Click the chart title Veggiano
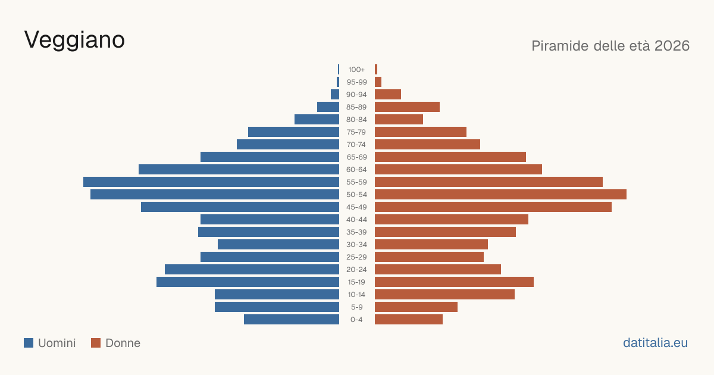pos(74,40)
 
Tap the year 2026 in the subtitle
pos(672,46)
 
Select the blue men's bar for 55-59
pos(211,182)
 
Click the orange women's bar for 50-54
pos(500,194)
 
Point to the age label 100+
pos(356,70)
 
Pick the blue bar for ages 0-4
pos(292,319)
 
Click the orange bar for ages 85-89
pos(407,107)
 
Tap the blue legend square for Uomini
pos(29,343)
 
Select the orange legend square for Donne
pos(96,343)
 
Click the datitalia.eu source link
pos(655,343)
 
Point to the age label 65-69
pos(356,157)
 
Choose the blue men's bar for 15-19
pos(248,282)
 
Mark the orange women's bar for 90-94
pos(388,95)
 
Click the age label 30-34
pos(356,245)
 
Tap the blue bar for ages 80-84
pos(317,119)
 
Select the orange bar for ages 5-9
pos(416,307)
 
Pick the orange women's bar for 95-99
pos(378,82)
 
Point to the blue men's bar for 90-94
pos(335,95)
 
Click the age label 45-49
pos(356,207)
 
